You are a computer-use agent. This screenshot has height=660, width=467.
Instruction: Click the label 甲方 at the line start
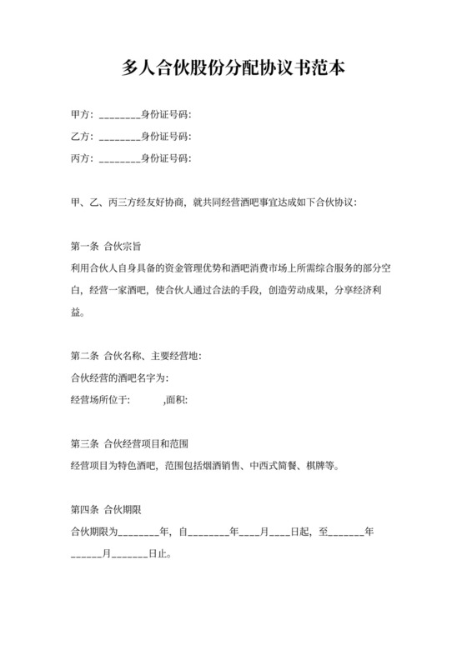click(x=81, y=114)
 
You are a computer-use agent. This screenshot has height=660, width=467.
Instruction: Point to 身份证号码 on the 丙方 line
click(x=166, y=157)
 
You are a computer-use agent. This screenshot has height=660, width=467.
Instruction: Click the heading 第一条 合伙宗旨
click(x=106, y=246)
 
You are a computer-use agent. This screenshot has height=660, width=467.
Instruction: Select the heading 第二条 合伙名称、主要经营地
click(x=136, y=356)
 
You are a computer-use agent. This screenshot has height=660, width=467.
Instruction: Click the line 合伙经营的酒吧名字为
click(x=121, y=377)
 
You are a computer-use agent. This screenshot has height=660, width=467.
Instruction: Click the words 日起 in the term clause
click(x=303, y=530)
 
